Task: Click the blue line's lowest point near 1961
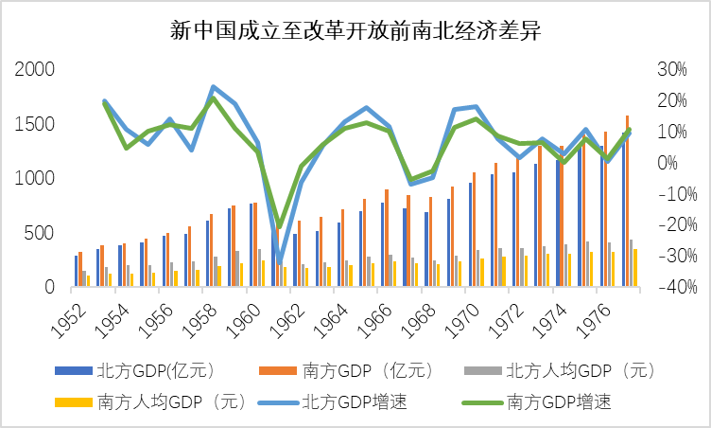click(279, 261)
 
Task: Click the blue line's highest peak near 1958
click(214, 87)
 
